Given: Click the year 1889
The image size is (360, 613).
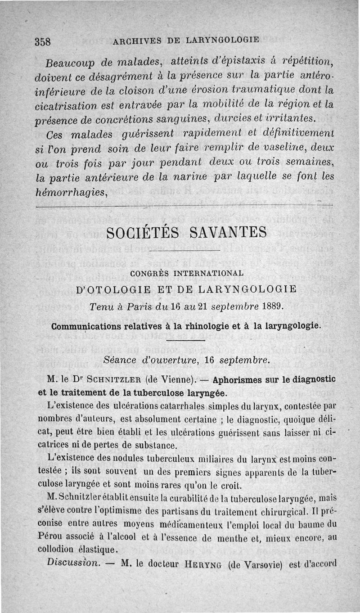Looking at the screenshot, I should pos(271,306).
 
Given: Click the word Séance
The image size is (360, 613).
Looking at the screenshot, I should pos(118,360).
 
